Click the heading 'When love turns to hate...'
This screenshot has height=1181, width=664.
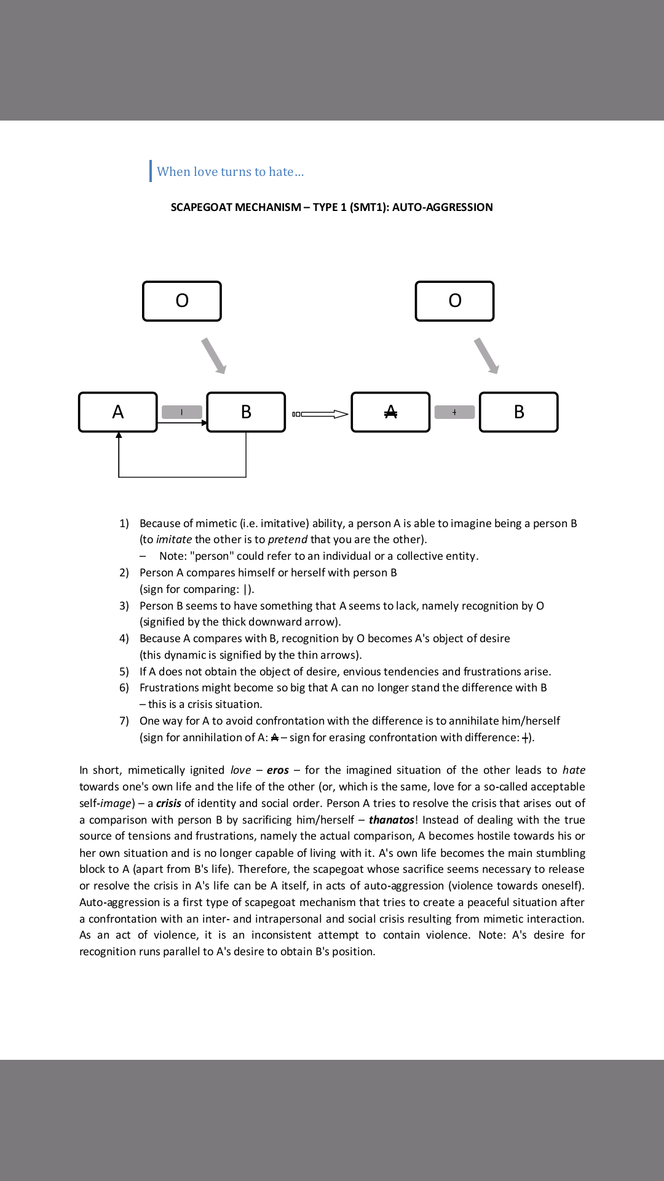tap(230, 172)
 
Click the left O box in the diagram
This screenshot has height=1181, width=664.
tap(182, 301)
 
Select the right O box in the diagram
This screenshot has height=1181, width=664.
tap(455, 301)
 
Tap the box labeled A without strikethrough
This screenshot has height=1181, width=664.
tap(118, 412)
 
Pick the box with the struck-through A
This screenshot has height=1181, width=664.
tap(390, 412)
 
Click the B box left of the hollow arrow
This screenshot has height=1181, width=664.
tap(246, 412)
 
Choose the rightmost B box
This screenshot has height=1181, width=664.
tap(519, 412)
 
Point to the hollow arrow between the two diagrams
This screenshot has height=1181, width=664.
tap(320, 414)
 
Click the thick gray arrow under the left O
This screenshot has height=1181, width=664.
tap(214, 356)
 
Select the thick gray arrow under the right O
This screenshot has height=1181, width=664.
tap(487, 356)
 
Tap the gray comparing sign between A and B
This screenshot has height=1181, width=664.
tap(182, 412)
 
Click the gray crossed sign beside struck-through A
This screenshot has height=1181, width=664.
tap(454, 412)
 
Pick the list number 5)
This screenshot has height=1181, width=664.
tap(124, 672)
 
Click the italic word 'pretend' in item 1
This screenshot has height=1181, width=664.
tap(287, 539)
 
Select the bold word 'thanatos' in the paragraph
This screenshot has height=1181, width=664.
tap(391, 820)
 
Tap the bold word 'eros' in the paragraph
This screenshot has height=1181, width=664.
tap(277, 770)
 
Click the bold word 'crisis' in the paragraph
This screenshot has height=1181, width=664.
tap(168, 803)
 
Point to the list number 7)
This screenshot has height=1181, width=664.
tap(124, 721)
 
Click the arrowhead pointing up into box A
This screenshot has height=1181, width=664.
tap(119, 435)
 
